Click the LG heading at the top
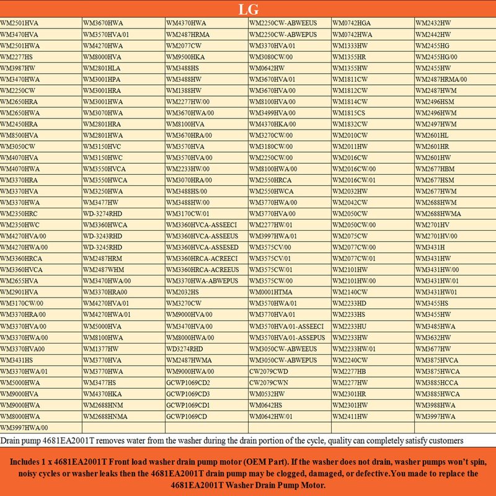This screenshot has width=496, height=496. coord(248,10)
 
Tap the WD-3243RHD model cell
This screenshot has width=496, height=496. coord(102,236)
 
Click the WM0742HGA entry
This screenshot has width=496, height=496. coord(352,23)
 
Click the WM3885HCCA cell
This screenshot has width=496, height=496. coord(436,383)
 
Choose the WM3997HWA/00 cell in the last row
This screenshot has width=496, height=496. coord(24,427)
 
